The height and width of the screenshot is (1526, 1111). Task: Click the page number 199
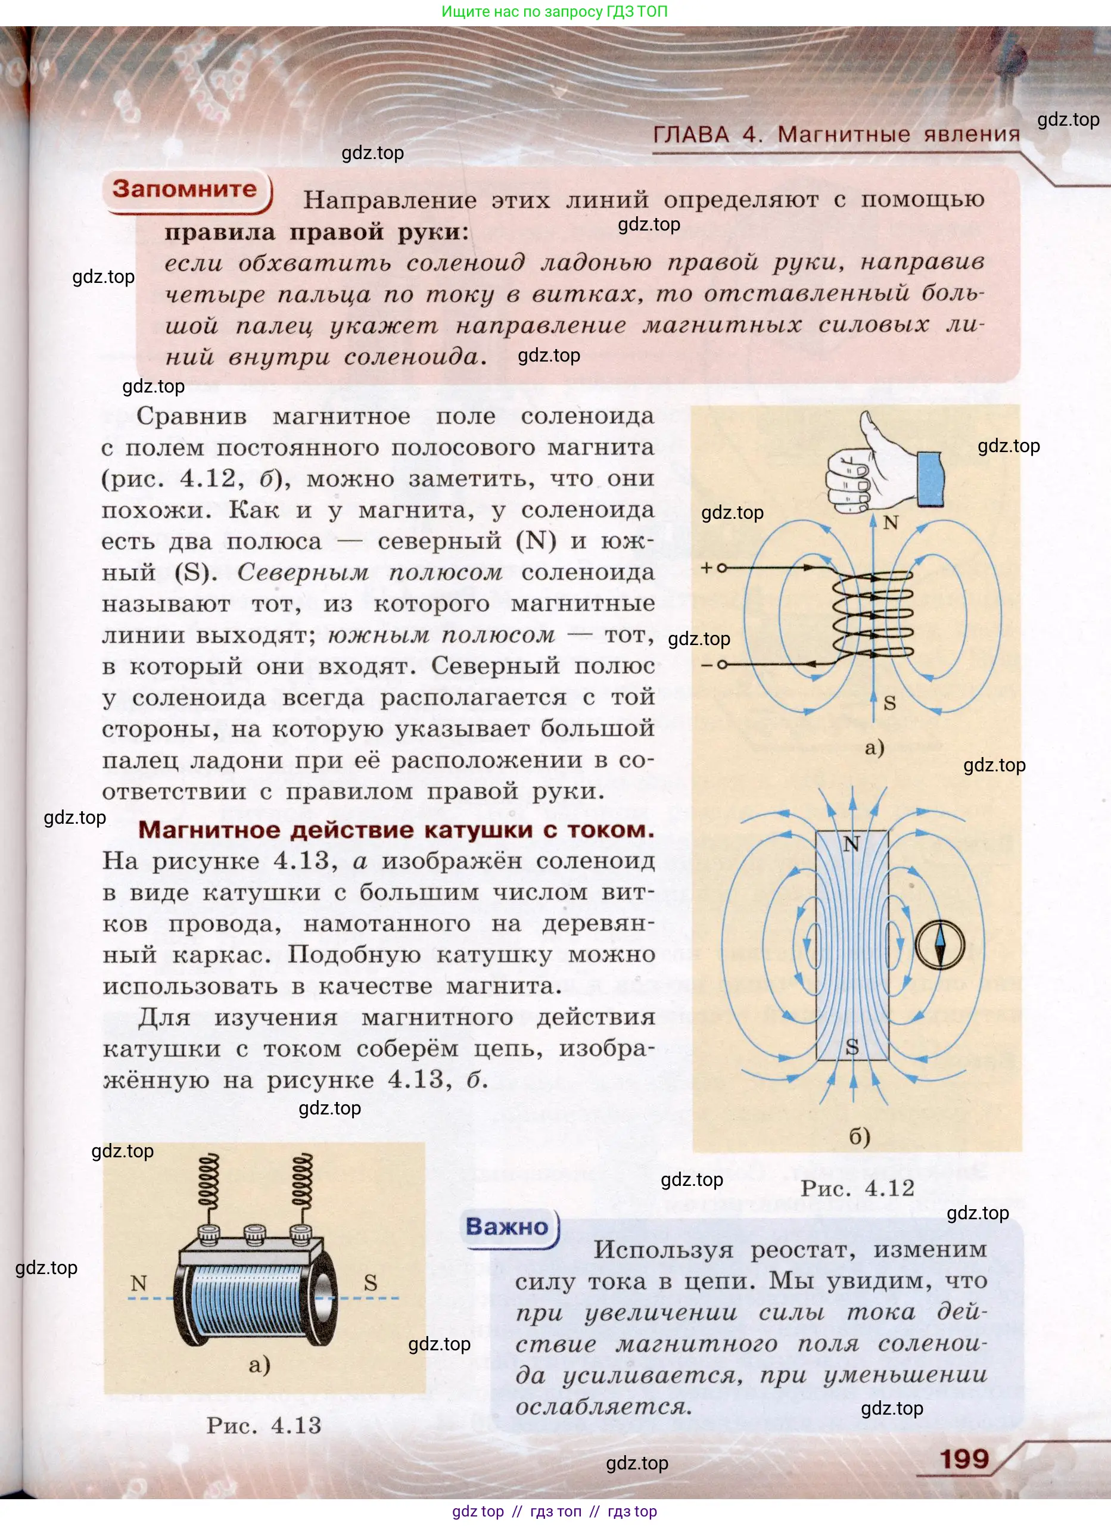pos(964,1459)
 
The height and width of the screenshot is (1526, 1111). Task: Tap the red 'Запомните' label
pos(185,189)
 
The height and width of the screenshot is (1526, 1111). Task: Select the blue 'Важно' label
pos(507,1226)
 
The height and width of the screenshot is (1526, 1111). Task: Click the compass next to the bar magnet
pos(939,945)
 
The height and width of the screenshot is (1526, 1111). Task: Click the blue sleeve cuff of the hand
pos(929,478)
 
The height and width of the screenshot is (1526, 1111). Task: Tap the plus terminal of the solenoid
pos(721,568)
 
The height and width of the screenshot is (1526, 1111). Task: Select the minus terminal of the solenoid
pos(721,665)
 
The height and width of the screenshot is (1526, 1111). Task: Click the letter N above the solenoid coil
pos(890,523)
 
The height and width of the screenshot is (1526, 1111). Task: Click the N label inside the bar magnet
pos(851,844)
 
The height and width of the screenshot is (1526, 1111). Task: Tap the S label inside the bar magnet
pos(852,1047)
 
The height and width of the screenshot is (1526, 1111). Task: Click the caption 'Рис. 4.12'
pos(857,1188)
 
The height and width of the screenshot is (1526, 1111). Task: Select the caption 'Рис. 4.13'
pos(264,1425)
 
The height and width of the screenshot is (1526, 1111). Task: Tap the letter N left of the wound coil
pos(139,1282)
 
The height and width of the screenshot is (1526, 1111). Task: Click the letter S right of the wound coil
pos(370,1282)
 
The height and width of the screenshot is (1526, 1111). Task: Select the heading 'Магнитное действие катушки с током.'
pos(396,830)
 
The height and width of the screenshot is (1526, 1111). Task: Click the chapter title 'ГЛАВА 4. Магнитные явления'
pos(836,135)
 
